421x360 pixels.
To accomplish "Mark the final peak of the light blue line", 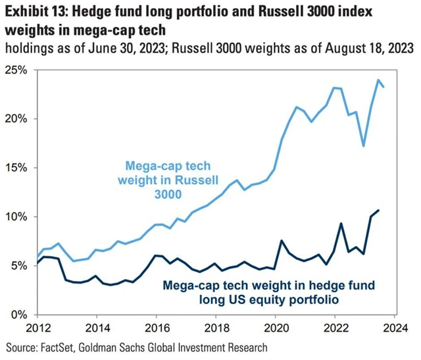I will click(379, 80).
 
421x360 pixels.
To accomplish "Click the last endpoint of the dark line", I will click(378, 211).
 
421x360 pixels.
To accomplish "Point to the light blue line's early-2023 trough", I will click(363, 145).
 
